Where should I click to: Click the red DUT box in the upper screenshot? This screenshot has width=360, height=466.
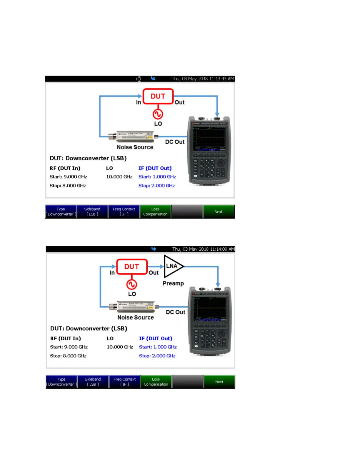158,96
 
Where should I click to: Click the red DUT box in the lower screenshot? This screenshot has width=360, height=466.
132,267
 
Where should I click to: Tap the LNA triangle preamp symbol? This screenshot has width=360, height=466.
173,266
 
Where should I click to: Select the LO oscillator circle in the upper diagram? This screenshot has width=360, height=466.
158,114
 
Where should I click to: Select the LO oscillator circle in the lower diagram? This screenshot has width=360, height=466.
132,284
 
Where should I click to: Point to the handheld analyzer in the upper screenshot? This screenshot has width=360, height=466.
209,151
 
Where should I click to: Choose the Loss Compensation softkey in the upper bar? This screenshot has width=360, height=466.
155,212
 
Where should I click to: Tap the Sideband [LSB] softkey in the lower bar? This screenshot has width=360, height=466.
93,382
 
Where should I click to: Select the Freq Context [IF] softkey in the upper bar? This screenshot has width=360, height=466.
124,212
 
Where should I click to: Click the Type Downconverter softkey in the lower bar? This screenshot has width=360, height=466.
61,382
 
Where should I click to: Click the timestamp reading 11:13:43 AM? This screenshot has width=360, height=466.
203,79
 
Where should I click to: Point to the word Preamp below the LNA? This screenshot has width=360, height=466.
173,283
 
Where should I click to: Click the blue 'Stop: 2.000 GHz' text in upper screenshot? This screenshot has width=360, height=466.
156,186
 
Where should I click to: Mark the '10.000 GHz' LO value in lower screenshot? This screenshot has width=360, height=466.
120,347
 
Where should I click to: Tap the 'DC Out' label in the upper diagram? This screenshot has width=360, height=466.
175,142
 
